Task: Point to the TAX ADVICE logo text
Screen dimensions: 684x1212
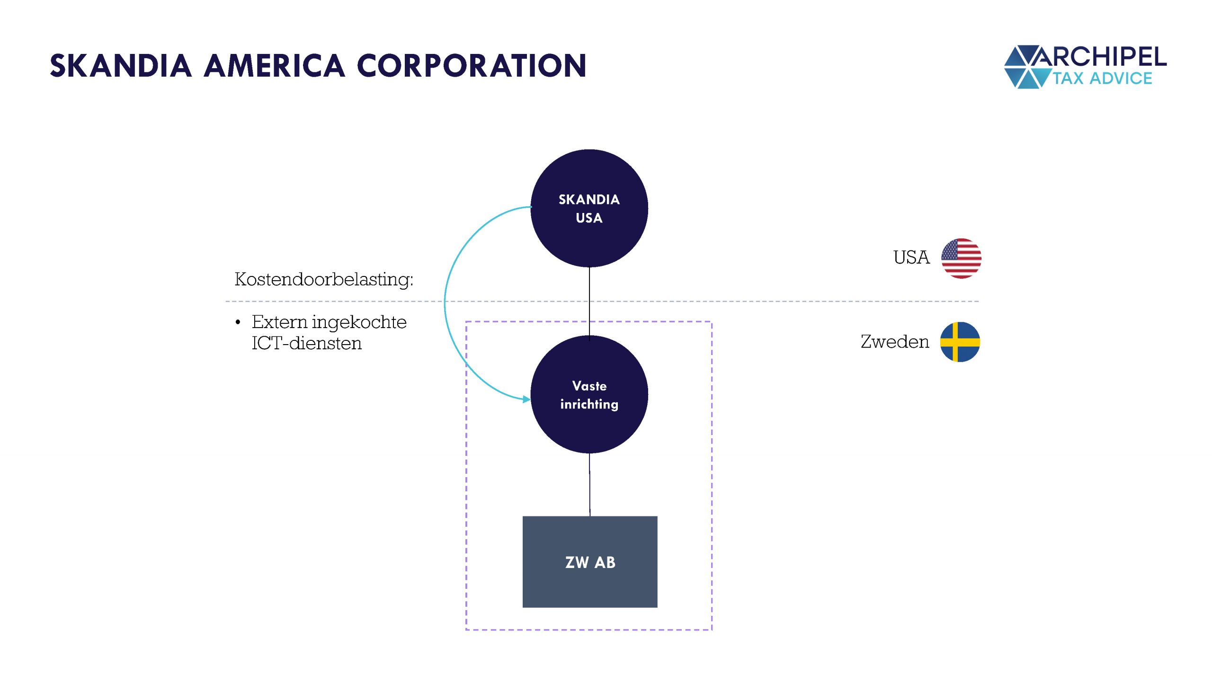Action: coord(1102,78)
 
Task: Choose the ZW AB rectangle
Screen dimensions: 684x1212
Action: coord(589,561)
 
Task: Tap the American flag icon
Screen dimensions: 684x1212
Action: coord(961,258)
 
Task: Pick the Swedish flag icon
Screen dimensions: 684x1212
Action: coord(960,342)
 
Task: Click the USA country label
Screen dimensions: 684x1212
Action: coord(911,258)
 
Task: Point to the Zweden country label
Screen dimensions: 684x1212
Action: coord(894,342)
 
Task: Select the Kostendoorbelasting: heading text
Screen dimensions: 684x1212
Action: coord(324,279)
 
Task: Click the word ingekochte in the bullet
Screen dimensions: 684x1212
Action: coord(359,322)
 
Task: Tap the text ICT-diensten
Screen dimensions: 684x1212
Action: coord(306,343)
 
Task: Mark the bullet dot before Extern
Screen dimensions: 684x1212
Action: coord(238,323)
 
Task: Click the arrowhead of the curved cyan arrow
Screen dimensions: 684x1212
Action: coord(526,400)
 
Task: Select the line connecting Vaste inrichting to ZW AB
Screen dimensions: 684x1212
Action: coord(589,484)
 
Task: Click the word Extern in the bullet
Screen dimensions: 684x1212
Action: coord(279,322)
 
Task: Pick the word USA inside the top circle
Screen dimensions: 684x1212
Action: coord(589,218)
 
